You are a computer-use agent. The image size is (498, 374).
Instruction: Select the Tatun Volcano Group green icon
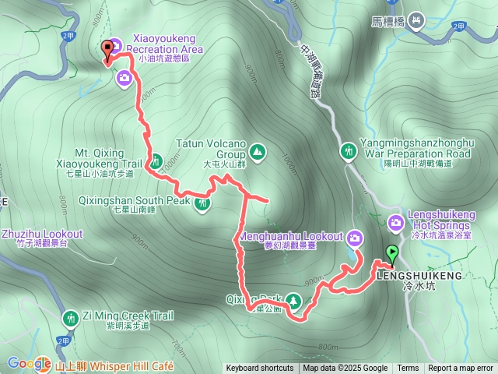coord(258,150)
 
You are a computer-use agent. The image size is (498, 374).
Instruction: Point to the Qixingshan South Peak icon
coord(203,204)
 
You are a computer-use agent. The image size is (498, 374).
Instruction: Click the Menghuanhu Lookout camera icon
coord(355,237)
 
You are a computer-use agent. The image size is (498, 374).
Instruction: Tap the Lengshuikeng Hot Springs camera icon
coord(397,224)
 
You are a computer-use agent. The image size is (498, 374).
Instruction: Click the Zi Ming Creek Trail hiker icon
coord(70,317)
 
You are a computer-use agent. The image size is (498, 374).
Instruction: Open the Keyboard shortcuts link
coord(260,369)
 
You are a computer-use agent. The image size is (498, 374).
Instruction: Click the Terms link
coord(408,369)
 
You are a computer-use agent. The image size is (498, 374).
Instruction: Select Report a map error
coord(461,369)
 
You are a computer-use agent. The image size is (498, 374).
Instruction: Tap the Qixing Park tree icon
coord(293,299)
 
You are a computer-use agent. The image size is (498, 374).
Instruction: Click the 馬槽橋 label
coord(392,20)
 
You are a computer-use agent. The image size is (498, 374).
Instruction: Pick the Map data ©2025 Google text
coord(345,369)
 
